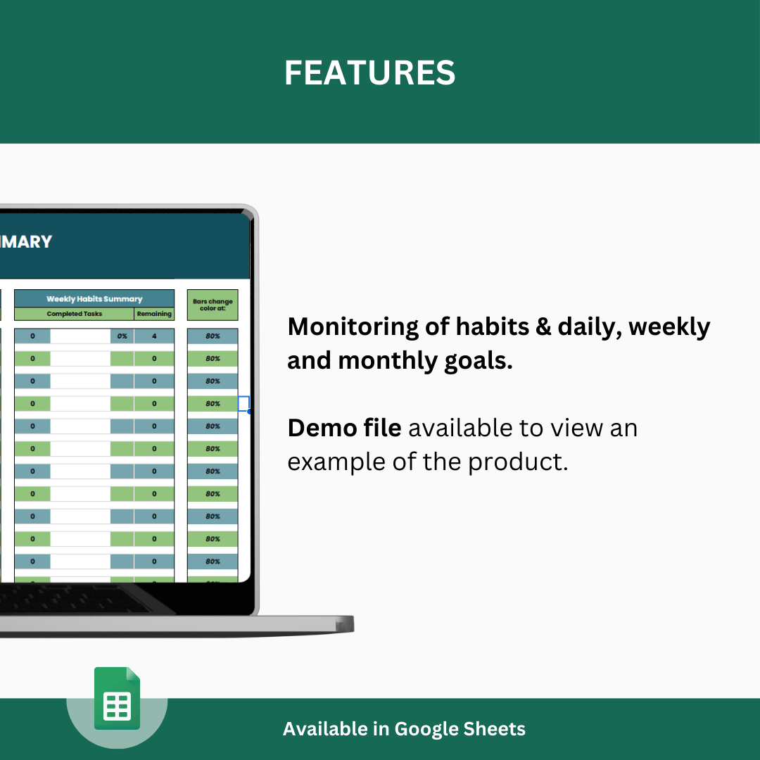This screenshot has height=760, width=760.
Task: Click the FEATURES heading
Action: (x=369, y=73)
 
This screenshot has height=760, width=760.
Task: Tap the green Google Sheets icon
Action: (x=118, y=698)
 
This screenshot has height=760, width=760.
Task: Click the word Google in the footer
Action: (x=425, y=729)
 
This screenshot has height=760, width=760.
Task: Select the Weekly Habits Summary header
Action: (x=94, y=299)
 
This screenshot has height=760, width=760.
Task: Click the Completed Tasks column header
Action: (x=74, y=314)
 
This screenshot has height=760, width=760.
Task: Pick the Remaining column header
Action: (x=154, y=314)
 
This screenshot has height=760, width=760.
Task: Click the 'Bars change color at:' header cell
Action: (x=212, y=305)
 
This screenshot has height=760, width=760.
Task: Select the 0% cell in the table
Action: (x=122, y=336)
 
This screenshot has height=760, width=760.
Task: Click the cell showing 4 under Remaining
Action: (x=154, y=336)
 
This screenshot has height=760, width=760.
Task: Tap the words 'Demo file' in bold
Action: (x=344, y=428)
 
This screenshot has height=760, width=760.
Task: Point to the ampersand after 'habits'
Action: (x=543, y=327)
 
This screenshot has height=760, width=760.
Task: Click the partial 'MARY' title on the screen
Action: (x=26, y=241)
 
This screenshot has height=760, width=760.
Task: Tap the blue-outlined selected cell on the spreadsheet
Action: (x=243, y=404)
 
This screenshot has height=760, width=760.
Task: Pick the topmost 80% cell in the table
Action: (x=213, y=336)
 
